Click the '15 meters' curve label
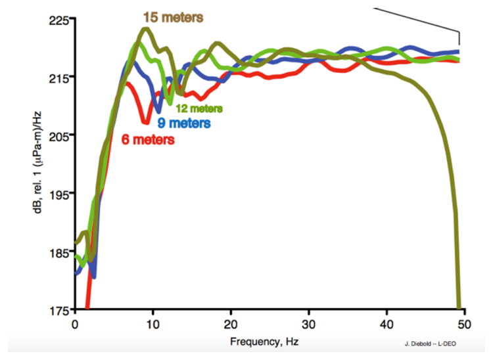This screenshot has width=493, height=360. pyautogui.click(x=173, y=18)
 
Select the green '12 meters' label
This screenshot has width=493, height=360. pyautogui.click(x=199, y=108)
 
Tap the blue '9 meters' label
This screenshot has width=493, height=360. pyautogui.click(x=184, y=123)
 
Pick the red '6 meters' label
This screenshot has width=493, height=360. pyautogui.click(x=149, y=139)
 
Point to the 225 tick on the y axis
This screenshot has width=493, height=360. pyautogui.click(x=59, y=20)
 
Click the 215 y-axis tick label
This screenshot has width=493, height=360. pyautogui.click(x=59, y=78)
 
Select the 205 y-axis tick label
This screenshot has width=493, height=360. pyautogui.click(x=59, y=135)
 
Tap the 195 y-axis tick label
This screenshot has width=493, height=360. pyautogui.click(x=59, y=194)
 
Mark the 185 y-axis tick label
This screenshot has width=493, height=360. pyautogui.click(x=59, y=252)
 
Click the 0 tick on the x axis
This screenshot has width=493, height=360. pyautogui.click(x=76, y=323)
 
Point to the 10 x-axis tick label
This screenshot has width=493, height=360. pyautogui.click(x=153, y=323)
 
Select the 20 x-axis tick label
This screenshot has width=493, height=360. pyautogui.click(x=230, y=323)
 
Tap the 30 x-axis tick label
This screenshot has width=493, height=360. pyautogui.click(x=307, y=323)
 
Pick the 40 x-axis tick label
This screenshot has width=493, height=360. pyautogui.click(x=384, y=323)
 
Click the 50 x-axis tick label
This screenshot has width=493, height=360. pyautogui.click(x=461, y=323)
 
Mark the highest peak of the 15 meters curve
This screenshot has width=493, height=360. pyautogui.click(x=145, y=28)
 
